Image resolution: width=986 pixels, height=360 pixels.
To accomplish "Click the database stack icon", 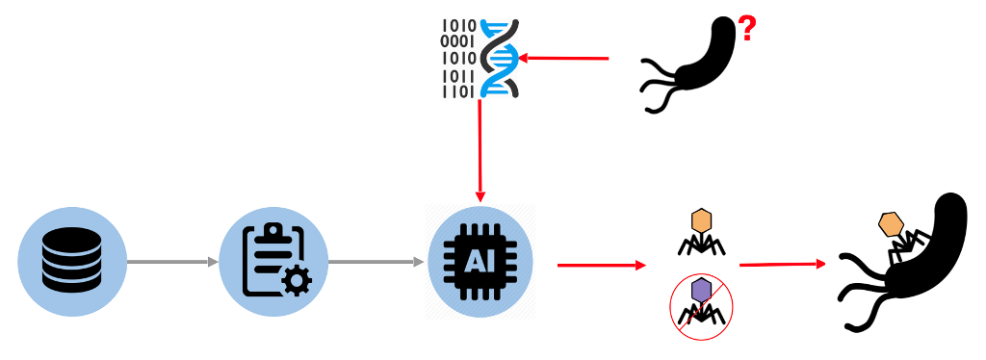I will (x=73, y=262).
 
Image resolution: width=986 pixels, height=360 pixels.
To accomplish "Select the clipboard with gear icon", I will (x=273, y=262).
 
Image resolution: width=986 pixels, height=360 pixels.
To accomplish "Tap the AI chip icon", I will (x=480, y=261).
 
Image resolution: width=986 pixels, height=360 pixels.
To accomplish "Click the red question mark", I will (x=746, y=33).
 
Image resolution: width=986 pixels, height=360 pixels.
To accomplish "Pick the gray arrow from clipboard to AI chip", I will (x=376, y=262).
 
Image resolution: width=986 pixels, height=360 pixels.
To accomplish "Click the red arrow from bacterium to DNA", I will (x=564, y=59).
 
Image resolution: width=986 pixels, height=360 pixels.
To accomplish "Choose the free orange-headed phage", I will (x=702, y=231).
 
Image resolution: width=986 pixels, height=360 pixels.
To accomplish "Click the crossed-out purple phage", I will (x=702, y=301).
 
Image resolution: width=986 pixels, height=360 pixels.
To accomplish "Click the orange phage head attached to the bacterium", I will (x=892, y=224).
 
